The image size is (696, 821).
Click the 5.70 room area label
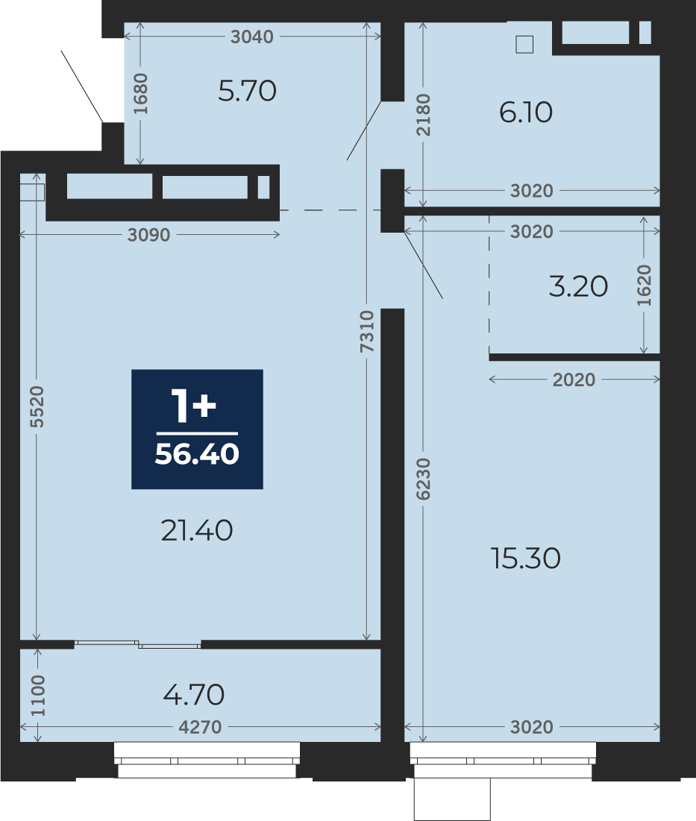coord(247,90)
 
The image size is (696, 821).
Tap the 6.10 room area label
coord(526,112)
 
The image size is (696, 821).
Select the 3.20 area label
coord(578,286)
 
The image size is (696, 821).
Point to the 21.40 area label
coord(197,530)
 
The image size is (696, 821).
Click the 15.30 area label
coord(526,559)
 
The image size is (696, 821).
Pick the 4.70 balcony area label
coord(194,695)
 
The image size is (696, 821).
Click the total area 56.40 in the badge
coord(197,454)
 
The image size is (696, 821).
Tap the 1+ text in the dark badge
coord(193,406)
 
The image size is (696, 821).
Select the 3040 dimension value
coord(252,37)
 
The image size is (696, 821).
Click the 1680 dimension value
coord(140,94)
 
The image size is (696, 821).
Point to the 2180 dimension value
coord(423,115)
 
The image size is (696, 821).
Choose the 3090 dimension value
coord(148,235)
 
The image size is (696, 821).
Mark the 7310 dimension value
coord(367,331)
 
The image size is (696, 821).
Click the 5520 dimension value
coord(37,407)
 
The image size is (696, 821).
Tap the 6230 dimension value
coord(423,479)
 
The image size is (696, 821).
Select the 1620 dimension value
coord(644,286)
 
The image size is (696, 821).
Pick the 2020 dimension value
coord(574,380)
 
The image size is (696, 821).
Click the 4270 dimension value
coord(200,727)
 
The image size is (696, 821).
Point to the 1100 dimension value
coord(38,696)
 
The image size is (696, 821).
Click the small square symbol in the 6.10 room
coord(524,45)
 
